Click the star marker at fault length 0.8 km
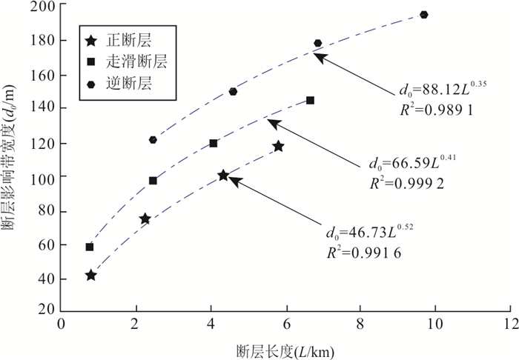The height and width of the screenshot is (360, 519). [90, 276]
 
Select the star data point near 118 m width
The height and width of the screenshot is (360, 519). [278, 147]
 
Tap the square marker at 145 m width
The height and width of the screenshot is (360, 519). [310, 100]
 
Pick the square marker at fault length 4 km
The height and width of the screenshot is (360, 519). [214, 143]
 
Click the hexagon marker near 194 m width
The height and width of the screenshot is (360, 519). [424, 15]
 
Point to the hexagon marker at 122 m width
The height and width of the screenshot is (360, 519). [153, 140]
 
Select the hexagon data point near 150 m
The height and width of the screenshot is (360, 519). [233, 92]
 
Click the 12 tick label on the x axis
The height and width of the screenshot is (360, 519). [508, 324]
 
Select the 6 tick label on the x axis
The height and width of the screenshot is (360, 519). [285, 324]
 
